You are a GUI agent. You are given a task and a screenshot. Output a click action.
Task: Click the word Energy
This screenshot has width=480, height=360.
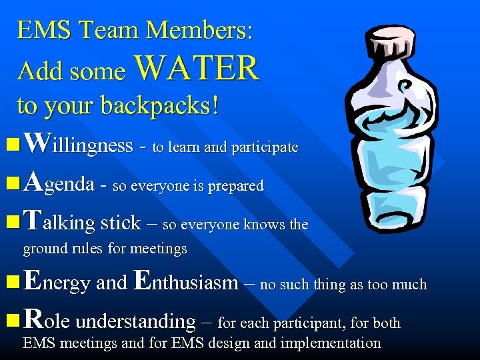(57, 282)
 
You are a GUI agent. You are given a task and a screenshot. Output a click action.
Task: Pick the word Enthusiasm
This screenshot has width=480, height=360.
(185, 282)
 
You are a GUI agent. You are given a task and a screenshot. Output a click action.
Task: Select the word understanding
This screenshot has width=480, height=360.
(135, 321)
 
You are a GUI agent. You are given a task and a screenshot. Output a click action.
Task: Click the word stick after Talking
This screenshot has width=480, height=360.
(120, 222)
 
